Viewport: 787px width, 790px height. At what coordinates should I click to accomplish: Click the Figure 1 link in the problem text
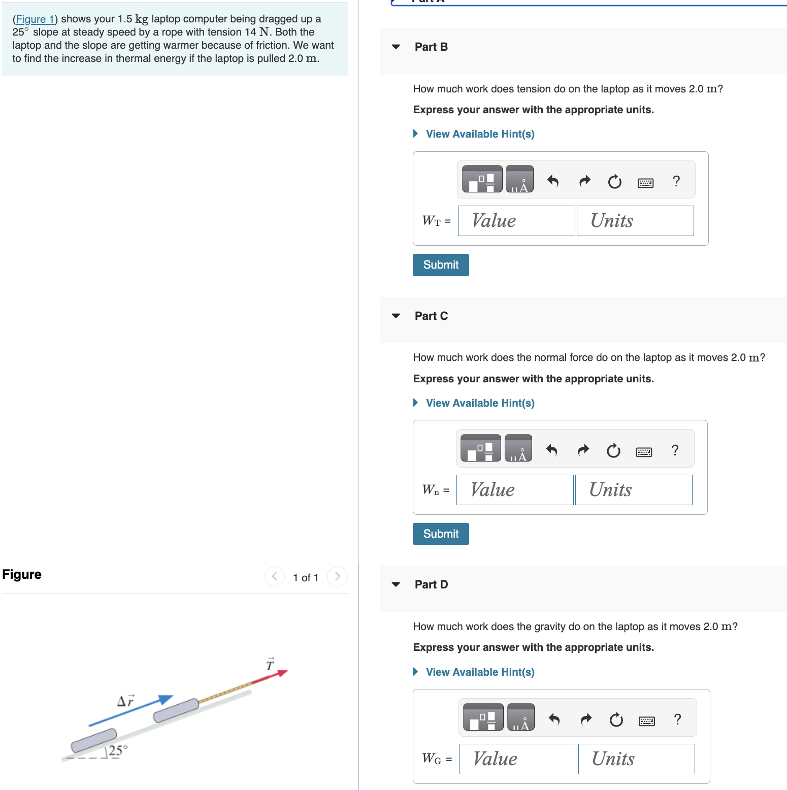[35, 19]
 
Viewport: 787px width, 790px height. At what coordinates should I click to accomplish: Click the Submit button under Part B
[440, 265]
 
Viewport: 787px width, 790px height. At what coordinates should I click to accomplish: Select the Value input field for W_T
[516, 221]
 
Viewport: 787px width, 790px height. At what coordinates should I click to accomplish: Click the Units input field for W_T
[635, 221]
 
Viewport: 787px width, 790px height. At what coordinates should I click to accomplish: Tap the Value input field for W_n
[514, 490]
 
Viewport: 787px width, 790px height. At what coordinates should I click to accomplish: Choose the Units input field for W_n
[633, 490]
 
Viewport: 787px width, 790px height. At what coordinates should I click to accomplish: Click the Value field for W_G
[517, 759]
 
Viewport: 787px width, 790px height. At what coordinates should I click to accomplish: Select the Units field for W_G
[636, 759]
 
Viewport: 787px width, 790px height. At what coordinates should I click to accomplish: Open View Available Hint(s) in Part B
[479, 134]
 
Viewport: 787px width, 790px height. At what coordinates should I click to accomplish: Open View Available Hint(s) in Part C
[479, 403]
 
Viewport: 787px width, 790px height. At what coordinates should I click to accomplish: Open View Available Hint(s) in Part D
[479, 672]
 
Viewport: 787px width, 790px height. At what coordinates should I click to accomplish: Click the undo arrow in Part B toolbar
[553, 181]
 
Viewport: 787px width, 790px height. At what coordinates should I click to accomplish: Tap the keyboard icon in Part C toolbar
[644, 451]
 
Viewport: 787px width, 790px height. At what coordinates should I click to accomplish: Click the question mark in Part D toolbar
[677, 719]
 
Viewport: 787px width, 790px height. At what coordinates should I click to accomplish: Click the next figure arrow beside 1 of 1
[337, 576]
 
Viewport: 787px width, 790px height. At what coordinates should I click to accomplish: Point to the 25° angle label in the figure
[117, 750]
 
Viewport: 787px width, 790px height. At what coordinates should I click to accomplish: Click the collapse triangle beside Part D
[396, 584]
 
